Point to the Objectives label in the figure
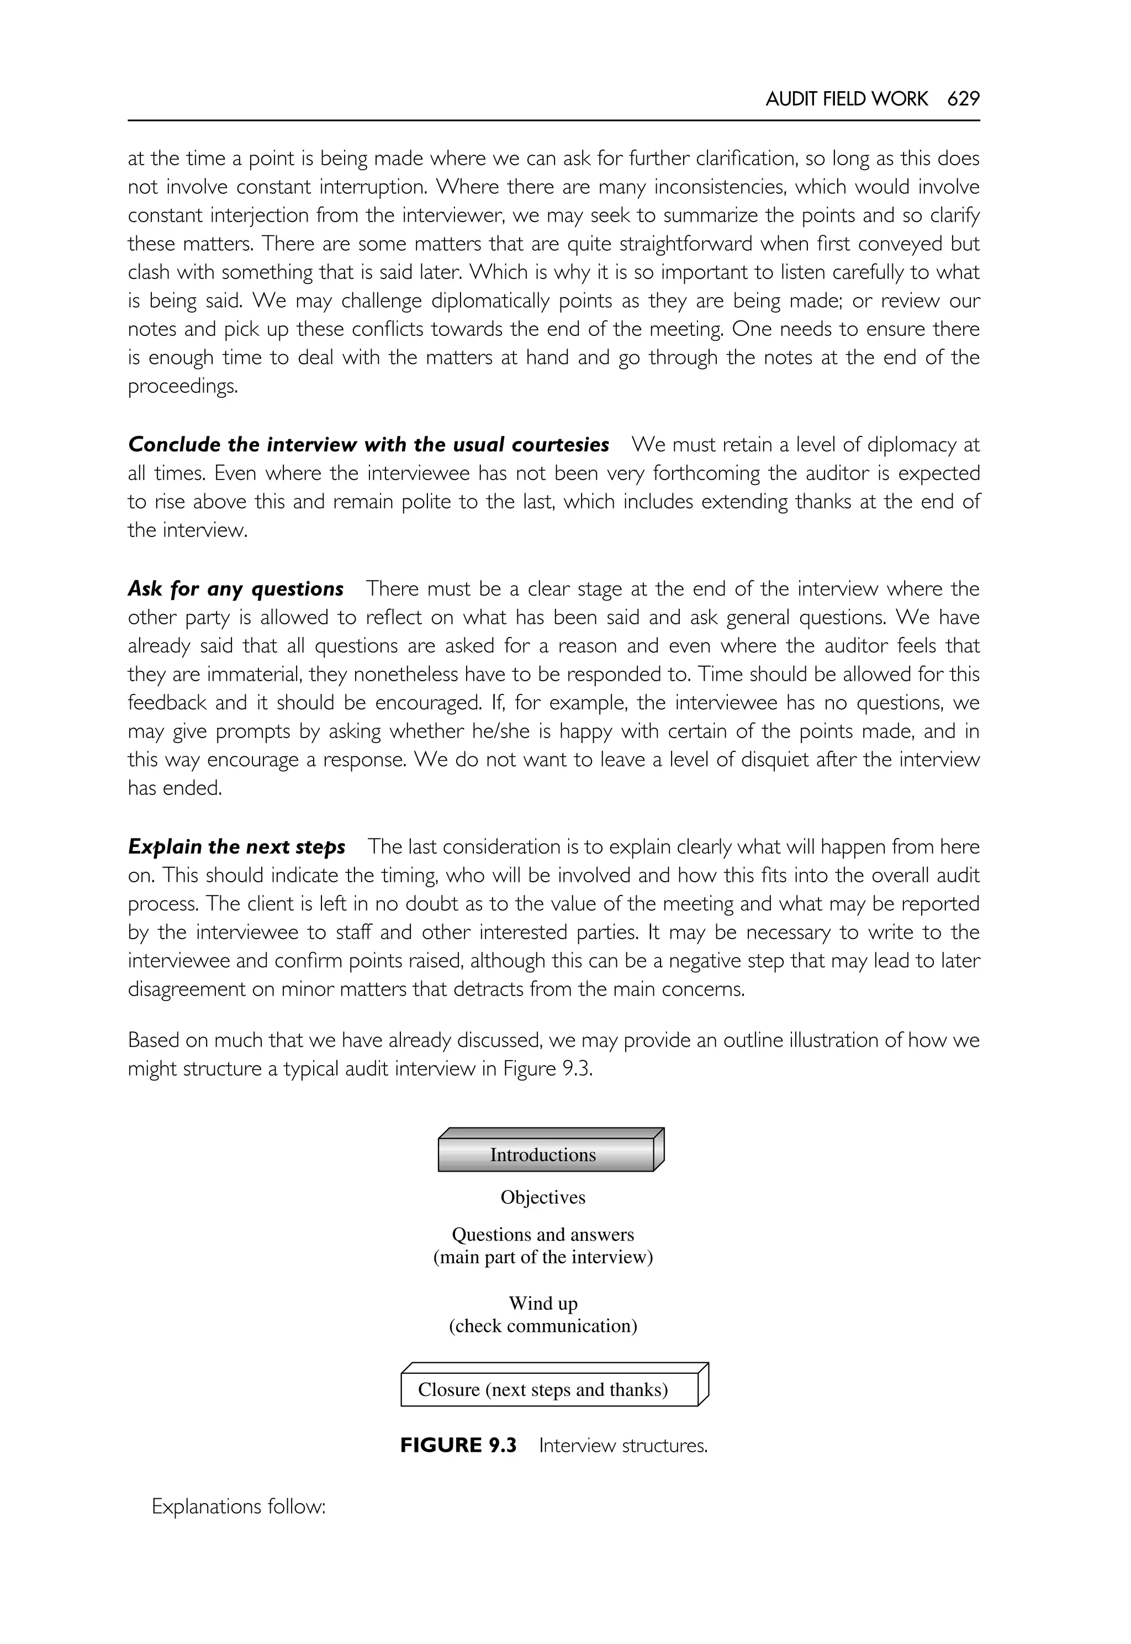pos(543,1198)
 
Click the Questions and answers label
pos(543,1234)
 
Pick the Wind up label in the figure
pos(543,1303)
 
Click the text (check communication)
pos(543,1326)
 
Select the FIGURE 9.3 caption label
pos(458,1446)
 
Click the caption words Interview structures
pos(623,1446)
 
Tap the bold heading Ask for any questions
pos(235,589)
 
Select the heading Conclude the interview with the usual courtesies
pos(368,445)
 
